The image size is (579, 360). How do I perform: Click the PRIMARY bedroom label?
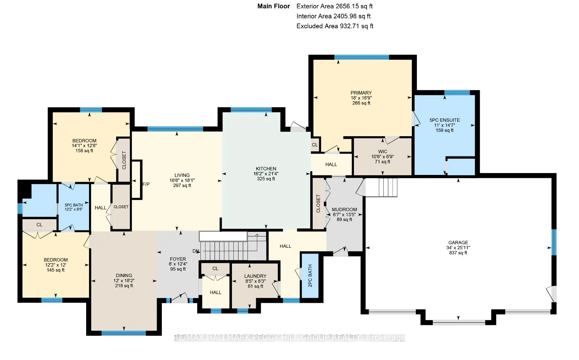coord(361,93)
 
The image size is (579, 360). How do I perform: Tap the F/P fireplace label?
coord(146,184)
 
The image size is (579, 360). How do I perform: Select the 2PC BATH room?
coord(310,276)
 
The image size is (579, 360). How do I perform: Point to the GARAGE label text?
coord(458,243)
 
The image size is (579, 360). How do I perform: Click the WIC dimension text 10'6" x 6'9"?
coord(383,157)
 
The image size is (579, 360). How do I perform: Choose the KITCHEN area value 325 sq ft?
coord(266,179)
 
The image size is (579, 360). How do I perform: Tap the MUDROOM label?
coord(344,209)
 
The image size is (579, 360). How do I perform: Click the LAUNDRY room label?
coord(255,276)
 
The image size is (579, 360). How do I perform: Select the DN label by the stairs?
coord(196,251)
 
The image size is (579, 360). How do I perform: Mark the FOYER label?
coord(178,259)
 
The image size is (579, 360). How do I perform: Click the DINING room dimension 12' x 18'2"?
coord(124,281)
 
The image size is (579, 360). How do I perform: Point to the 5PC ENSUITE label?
coord(445,120)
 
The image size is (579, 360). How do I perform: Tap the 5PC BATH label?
coord(74,205)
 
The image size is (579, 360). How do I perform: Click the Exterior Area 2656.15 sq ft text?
coord(334,6)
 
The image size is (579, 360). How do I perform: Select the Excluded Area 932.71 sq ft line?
coord(335,26)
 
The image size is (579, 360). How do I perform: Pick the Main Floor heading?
coord(274,6)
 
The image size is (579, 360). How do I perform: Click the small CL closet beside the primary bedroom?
coord(314,145)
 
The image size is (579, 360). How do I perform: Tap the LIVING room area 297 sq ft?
coord(182,185)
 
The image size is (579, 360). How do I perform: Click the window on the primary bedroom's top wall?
coord(362,57)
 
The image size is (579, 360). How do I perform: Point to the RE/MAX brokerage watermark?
coord(289,338)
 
